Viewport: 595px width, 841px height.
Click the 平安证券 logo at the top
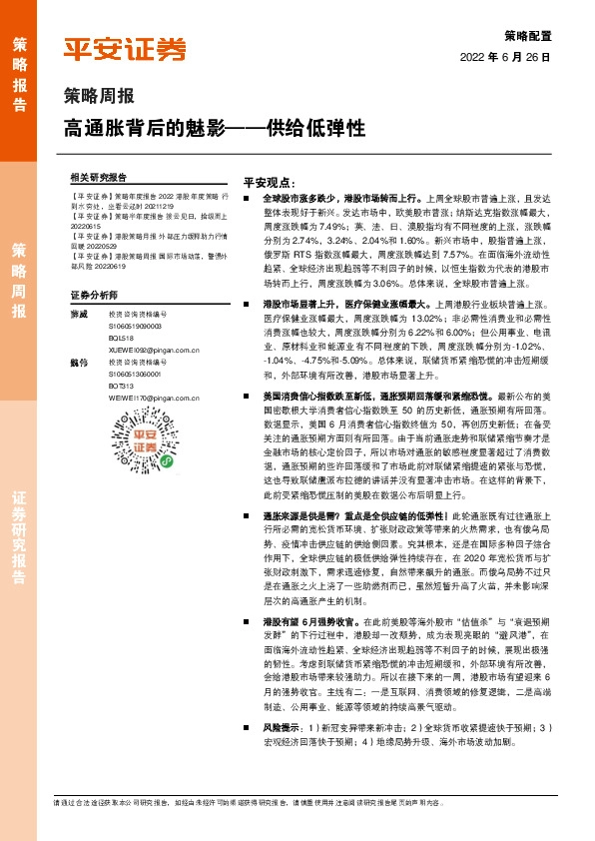pos(125,49)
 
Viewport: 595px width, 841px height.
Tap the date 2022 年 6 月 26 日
pos(506,58)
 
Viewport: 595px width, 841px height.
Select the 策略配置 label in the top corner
pos(525,34)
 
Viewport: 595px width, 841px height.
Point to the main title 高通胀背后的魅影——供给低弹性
pos(214,128)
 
